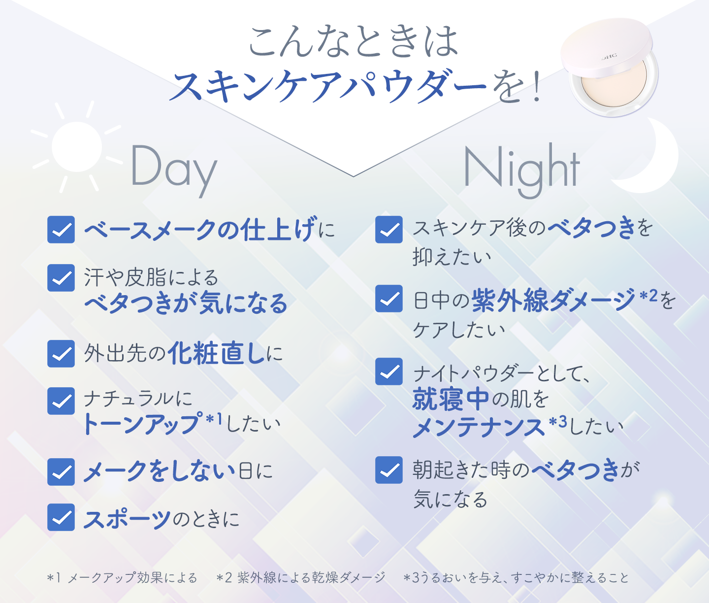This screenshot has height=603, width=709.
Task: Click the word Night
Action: (x=522, y=170)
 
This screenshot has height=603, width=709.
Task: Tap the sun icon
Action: (x=77, y=146)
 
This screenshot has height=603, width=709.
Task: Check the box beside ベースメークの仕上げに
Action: (x=61, y=230)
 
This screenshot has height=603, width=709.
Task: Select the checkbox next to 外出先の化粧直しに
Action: (x=61, y=354)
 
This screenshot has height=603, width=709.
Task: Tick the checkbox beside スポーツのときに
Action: (x=61, y=518)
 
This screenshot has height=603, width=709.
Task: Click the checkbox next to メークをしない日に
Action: (x=61, y=472)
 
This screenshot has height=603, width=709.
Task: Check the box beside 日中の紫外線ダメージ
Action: (x=389, y=299)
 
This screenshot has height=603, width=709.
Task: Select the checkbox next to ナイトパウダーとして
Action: (x=389, y=371)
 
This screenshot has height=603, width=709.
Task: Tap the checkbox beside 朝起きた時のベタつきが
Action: (x=389, y=470)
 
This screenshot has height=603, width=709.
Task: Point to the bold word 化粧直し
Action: (x=217, y=354)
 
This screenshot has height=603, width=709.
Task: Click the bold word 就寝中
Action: (x=451, y=399)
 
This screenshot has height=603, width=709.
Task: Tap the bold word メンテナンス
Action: (x=479, y=427)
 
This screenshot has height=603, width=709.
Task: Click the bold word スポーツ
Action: (x=127, y=519)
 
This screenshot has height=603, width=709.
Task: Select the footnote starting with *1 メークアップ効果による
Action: (x=122, y=577)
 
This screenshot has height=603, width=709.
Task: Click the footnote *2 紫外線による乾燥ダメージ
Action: (x=301, y=577)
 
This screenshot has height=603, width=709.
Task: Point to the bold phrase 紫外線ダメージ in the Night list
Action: (x=553, y=301)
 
